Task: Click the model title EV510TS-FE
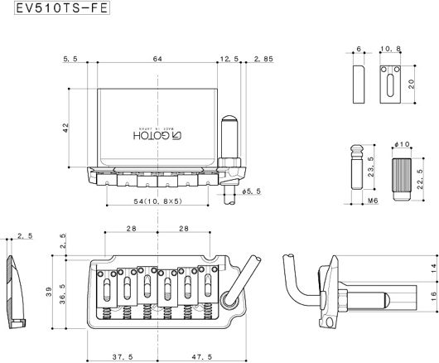tap(62, 8)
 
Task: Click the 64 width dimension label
tap(157, 59)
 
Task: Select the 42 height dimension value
tap(65, 128)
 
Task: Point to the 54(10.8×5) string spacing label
tap(158, 201)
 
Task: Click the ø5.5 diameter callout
tap(252, 191)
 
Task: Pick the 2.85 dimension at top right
tap(263, 59)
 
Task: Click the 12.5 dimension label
tap(229, 59)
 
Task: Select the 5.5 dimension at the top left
tap(70, 59)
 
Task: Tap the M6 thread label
tap(373, 201)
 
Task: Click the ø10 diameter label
tap(402, 144)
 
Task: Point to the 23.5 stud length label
tap(371, 167)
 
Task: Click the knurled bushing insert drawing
tap(402, 179)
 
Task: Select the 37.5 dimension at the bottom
tap(123, 357)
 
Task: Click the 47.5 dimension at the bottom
tap(202, 357)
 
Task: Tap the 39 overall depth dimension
tap(49, 292)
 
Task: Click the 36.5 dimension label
tap(62, 294)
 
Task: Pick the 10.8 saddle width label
tap(391, 49)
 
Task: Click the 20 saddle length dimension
tap(412, 85)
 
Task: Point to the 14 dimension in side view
tap(434, 269)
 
